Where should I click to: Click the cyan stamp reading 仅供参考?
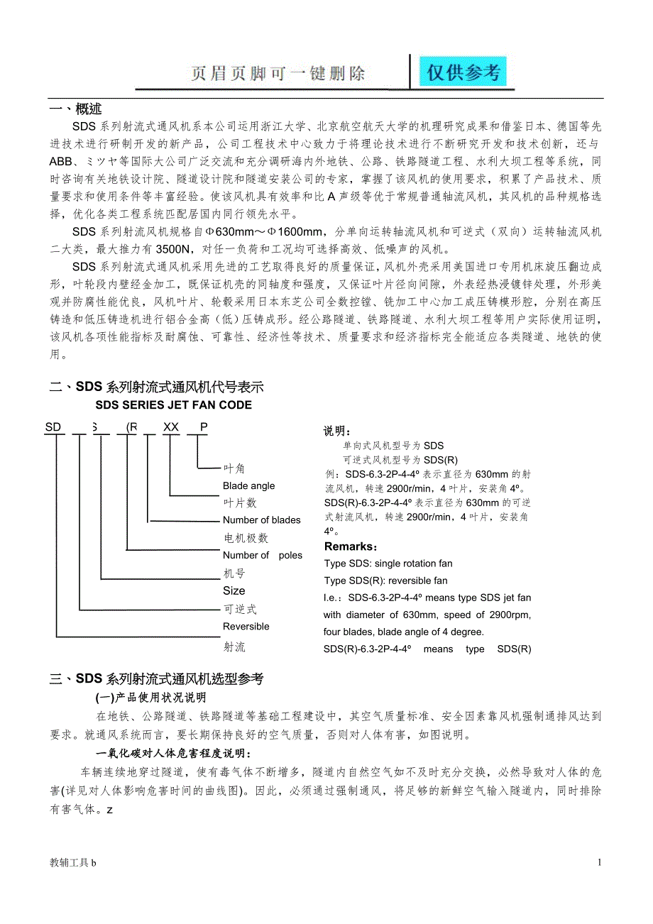point(462,72)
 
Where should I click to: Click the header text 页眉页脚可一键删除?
point(278,74)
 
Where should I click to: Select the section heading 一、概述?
point(75,109)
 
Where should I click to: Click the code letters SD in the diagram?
point(53,427)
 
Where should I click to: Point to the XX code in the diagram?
point(171,427)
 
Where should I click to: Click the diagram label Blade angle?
point(248,486)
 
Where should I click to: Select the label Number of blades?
point(261,520)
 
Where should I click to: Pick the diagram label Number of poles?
point(262,556)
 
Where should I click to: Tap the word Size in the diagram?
point(234,590)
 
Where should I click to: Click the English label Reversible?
point(246,627)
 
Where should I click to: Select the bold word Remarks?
point(351,546)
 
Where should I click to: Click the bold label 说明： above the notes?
point(337,431)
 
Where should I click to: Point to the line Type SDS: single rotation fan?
point(388,563)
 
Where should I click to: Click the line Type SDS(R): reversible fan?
point(385,581)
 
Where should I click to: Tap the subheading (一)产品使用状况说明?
point(150,697)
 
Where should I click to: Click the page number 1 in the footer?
point(600,862)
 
